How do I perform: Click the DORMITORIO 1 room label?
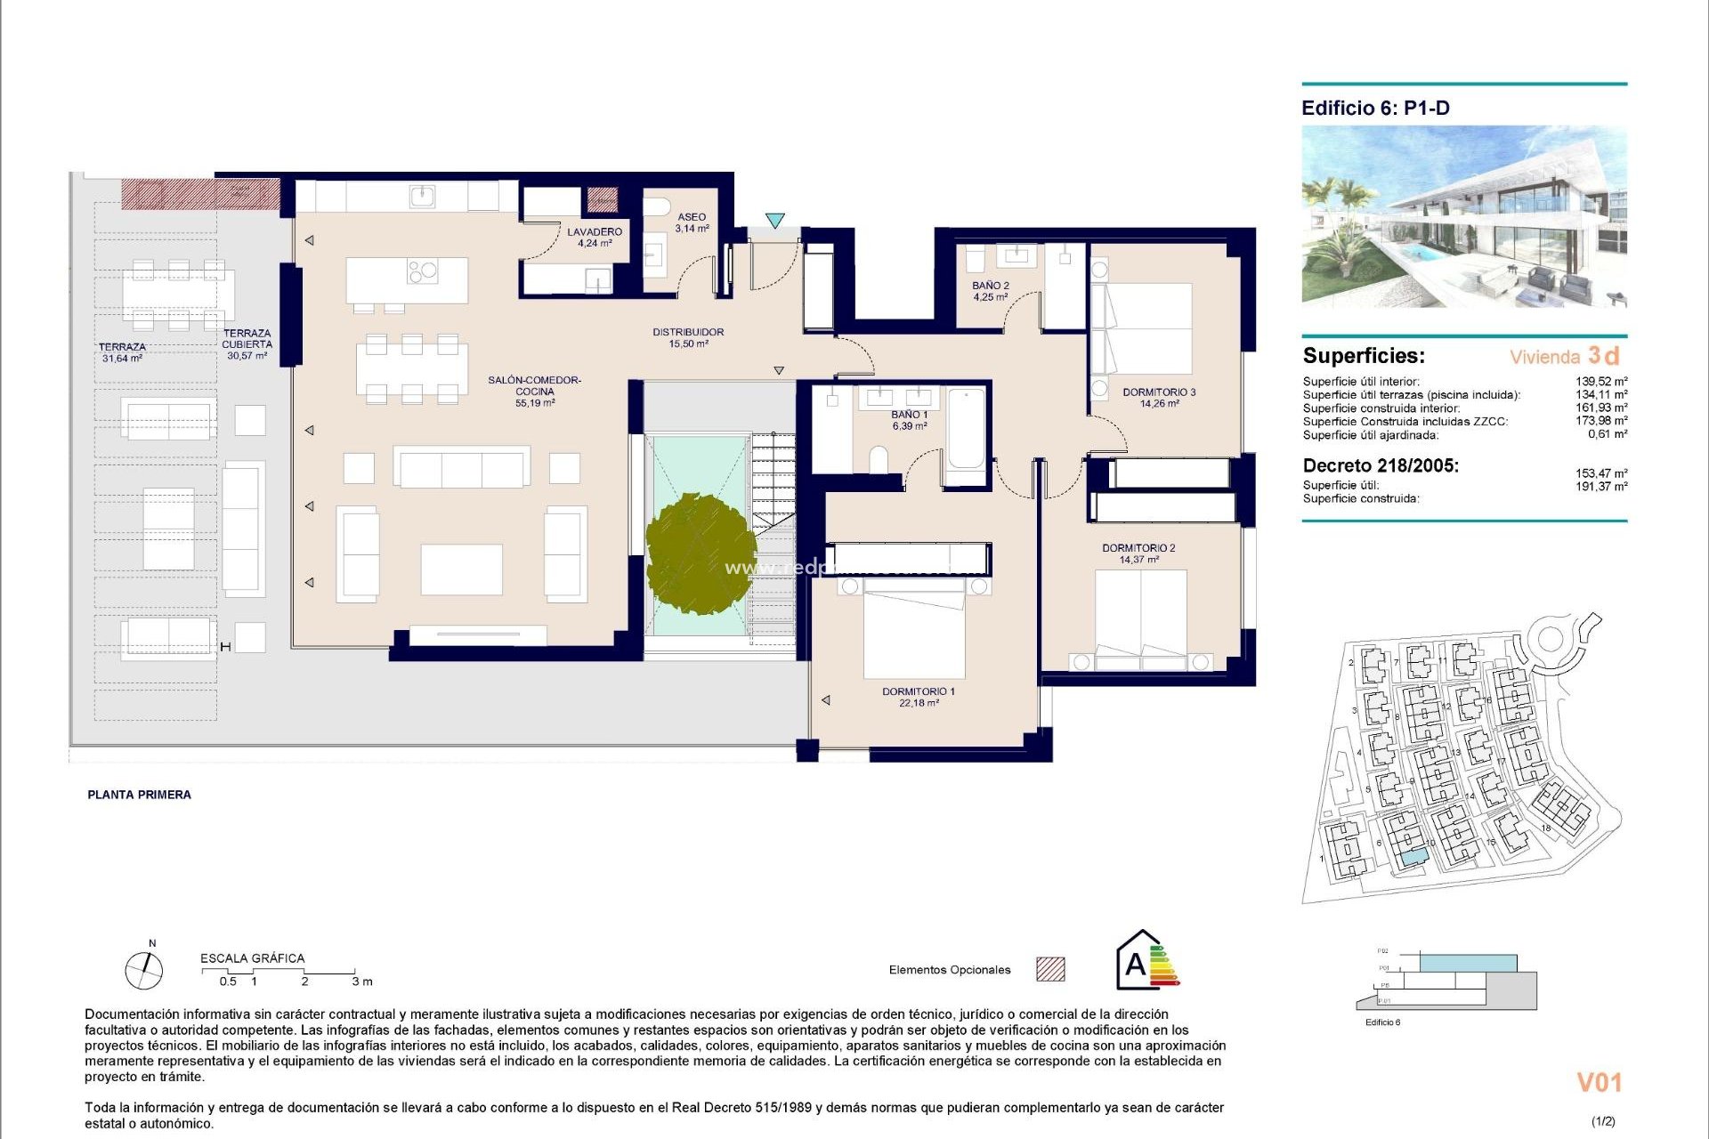918,697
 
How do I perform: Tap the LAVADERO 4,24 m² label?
595,237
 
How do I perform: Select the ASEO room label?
692,222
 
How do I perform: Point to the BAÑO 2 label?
990,291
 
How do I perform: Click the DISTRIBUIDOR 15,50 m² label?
688,337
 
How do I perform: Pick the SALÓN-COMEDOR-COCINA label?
534,392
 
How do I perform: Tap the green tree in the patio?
701,553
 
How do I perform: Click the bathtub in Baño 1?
966,429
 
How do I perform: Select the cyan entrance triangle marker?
775,220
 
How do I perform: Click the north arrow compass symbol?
144,969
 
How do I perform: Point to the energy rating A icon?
1146,961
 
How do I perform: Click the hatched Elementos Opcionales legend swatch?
1050,969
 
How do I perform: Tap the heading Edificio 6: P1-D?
1375,109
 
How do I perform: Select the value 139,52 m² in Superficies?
1600,382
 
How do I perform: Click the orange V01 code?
1599,1082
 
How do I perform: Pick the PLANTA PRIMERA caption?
139,795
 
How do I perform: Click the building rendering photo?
1463,216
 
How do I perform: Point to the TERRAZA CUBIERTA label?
247,344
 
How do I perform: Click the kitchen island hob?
423,271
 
